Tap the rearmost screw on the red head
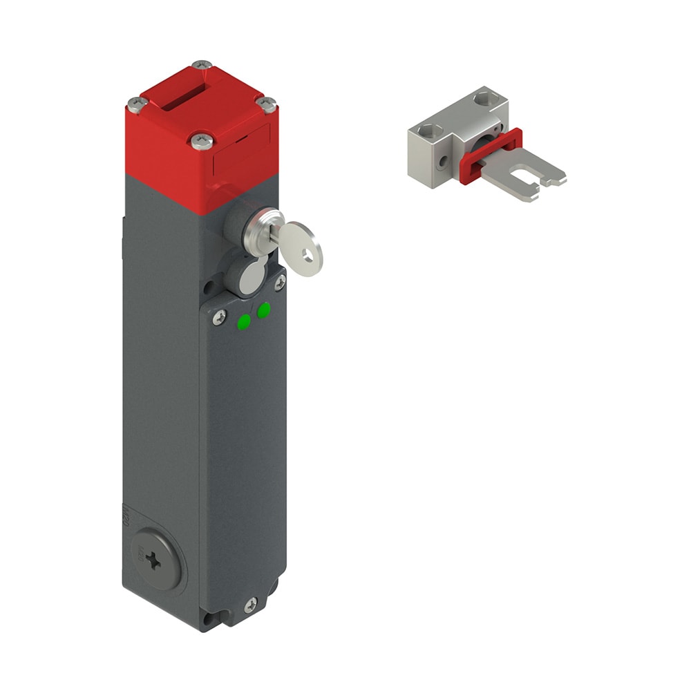point(201,66)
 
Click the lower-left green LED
point(244,321)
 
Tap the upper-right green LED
point(263,311)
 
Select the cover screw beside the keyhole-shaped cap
point(280,282)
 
